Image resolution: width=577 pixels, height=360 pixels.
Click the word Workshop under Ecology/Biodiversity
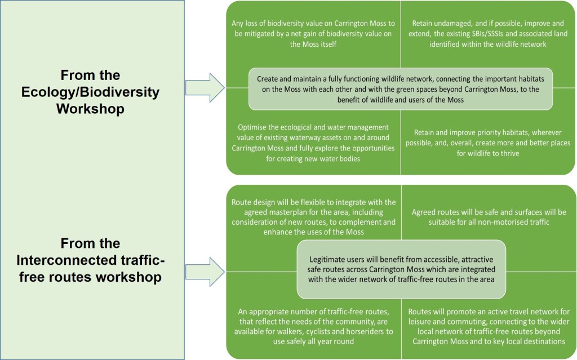91,108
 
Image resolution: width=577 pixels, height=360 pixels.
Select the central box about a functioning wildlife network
401,89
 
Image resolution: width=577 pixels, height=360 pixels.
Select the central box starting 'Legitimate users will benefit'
401,270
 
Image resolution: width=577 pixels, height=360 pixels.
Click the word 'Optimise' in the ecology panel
248,127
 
